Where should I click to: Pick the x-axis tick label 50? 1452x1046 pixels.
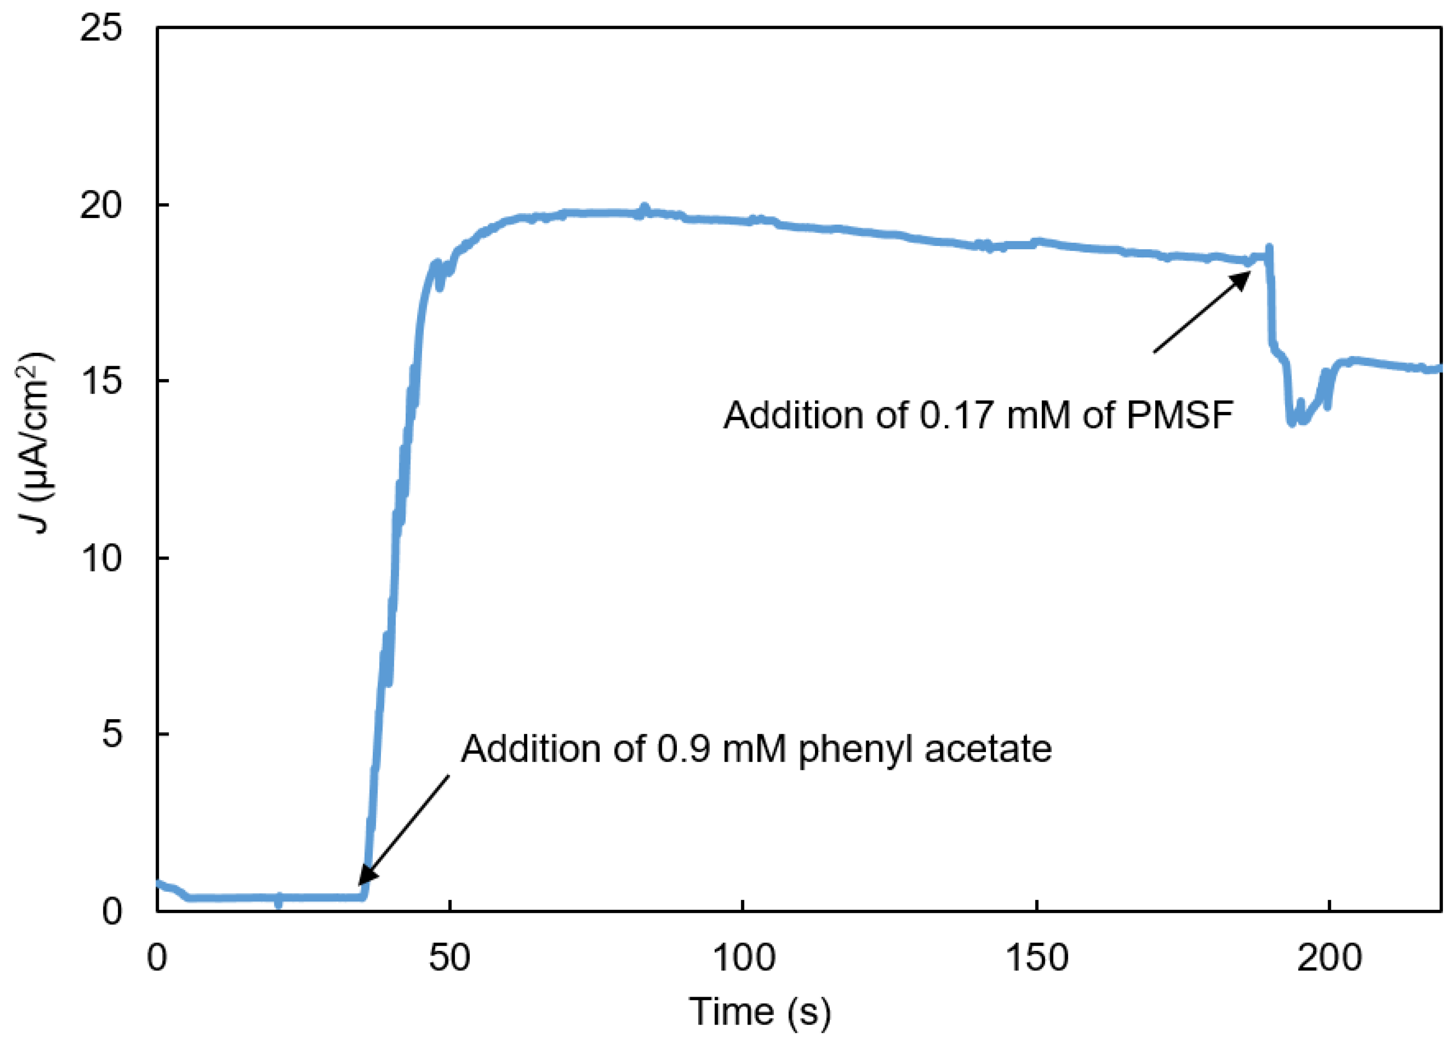click(x=450, y=958)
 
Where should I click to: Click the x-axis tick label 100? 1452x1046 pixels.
click(x=743, y=958)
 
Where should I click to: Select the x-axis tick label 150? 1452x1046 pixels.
click(x=1036, y=958)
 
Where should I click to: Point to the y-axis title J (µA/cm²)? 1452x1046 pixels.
click(x=36, y=442)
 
